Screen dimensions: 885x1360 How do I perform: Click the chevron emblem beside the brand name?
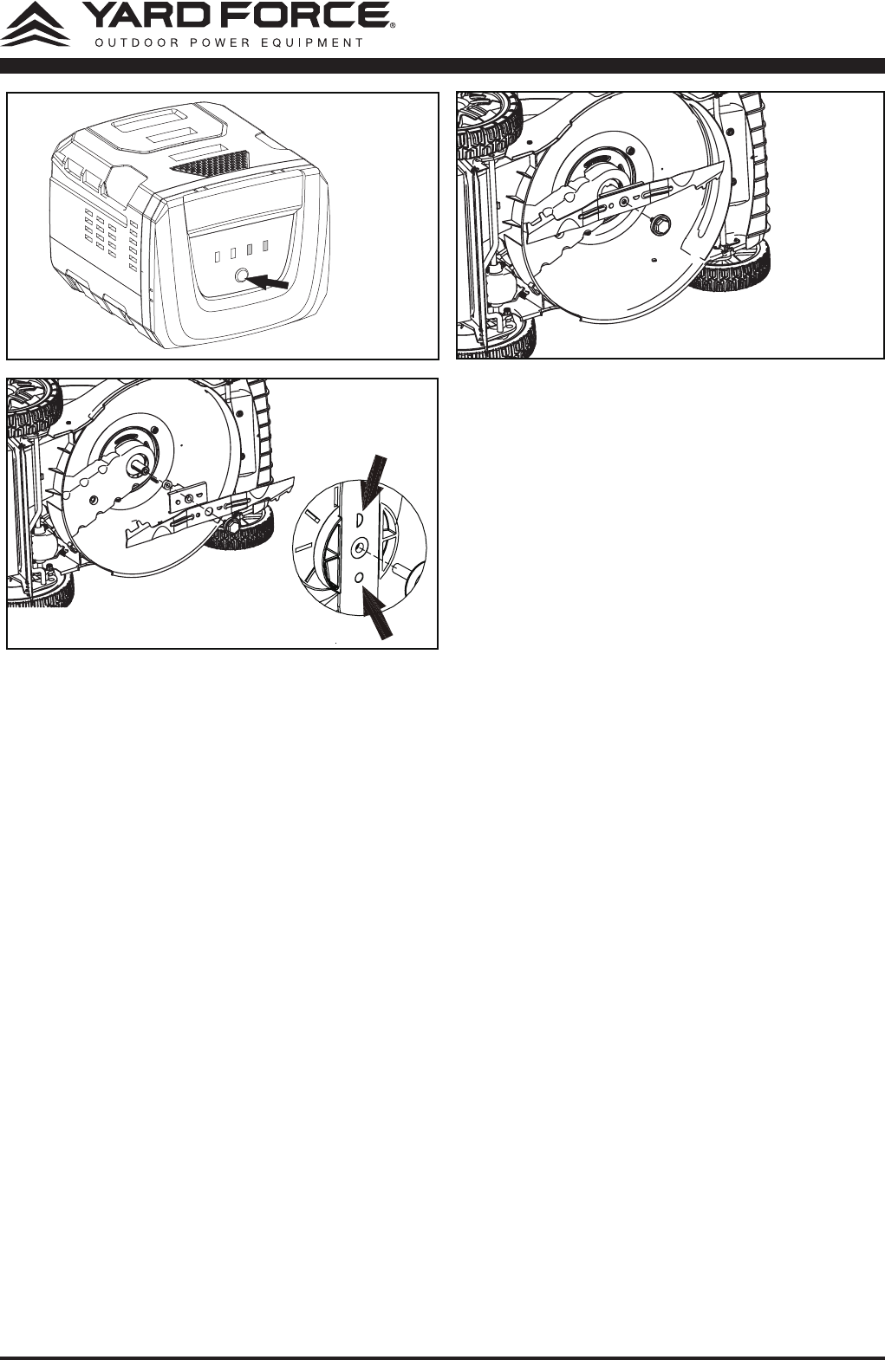pyautogui.click(x=36, y=24)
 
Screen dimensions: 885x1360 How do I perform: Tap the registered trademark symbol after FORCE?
pyautogui.click(x=393, y=25)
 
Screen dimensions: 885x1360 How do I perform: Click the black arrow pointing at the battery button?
pyautogui.click(x=268, y=282)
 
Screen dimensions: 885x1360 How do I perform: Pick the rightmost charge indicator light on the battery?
pyautogui.click(x=265, y=246)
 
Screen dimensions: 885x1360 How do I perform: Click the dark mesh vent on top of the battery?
pyautogui.click(x=210, y=160)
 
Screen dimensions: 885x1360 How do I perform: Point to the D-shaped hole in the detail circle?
pyautogui.click(x=359, y=520)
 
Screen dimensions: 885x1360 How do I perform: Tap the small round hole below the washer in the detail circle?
pyautogui.click(x=359, y=577)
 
